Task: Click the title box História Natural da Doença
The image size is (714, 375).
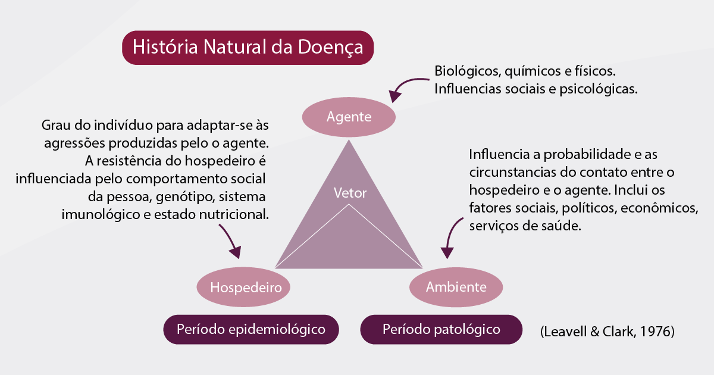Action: pyautogui.click(x=248, y=48)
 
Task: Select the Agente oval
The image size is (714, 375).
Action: pyautogui.click(x=349, y=117)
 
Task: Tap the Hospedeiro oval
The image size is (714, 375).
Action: pyautogui.click(x=243, y=287)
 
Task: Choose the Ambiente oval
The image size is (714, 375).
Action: pyautogui.click(x=456, y=287)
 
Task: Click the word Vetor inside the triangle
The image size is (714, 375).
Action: pyautogui.click(x=350, y=193)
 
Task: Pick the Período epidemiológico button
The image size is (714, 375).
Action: pyautogui.click(x=251, y=329)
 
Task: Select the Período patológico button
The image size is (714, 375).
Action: pyautogui.click(x=441, y=329)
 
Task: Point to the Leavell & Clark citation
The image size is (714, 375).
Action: pyautogui.click(x=607, y=332)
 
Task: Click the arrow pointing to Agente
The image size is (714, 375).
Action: pyautogui.click(x=404, y=83)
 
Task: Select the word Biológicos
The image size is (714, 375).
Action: pyautogui.click(x=466, y=71)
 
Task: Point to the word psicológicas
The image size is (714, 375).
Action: pyautogui.click(x=599, y=89)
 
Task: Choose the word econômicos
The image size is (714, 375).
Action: pyautogui.click(x=659, y=208)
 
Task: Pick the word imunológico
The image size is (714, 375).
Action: pyautogui.click(x=101, y=215)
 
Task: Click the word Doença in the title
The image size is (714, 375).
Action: pyautogui.click(x=331, y=48)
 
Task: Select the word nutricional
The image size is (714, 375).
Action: pyautogui.click(x=234, y=215)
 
